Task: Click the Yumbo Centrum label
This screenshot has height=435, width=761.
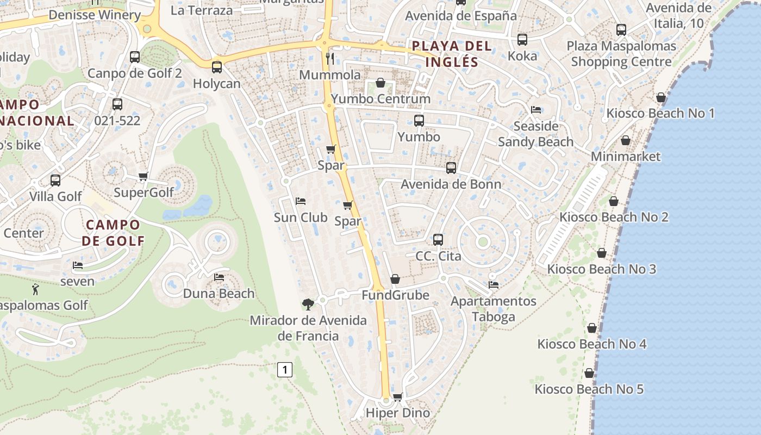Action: tap(380, 99)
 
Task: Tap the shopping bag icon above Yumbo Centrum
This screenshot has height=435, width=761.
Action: tap(380, 83)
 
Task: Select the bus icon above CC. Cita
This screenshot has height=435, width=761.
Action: tap(438, 239)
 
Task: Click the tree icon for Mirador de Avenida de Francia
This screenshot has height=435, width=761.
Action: tap(308, 303)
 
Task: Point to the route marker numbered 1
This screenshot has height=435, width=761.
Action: tap(285, 370)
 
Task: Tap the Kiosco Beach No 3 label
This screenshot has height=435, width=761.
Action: tap(601, 269)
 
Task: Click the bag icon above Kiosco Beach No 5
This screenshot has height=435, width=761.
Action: tap(589, 373)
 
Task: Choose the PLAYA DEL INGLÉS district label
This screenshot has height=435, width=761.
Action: tap(452, 54)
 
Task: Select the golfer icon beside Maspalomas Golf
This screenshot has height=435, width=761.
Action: tap(36, 289)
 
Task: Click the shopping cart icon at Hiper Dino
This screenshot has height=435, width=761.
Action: tap(397, 397)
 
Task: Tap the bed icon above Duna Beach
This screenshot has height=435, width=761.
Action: tap(219, 277)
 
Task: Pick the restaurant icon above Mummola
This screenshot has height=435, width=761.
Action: tap(330, 58)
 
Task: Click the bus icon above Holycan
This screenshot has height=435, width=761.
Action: tap(217, 67)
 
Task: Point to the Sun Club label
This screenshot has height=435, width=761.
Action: tap(301, 217)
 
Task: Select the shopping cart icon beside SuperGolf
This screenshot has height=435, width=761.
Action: tap(144, 176)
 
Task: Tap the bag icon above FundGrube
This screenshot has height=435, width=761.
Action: tap(395, 279)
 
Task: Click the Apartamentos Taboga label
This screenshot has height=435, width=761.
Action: tap(494, 309)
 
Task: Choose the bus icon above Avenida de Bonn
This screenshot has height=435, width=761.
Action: tap(451, 168)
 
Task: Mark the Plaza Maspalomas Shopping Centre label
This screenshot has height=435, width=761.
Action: tap(621, 54)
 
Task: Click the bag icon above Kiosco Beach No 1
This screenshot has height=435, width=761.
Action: tap(661, 97)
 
